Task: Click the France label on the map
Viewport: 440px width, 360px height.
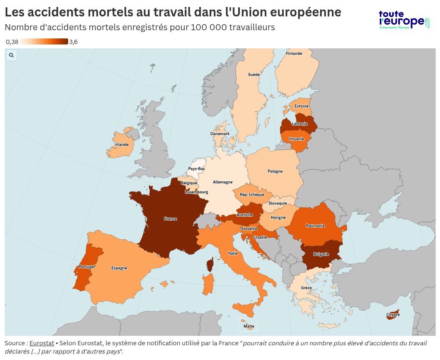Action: pos(170,219)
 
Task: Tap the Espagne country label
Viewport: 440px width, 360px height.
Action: pos(119,268)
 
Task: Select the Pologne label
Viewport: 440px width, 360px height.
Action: pos(275,171)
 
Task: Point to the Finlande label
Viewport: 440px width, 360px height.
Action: pos(294,54)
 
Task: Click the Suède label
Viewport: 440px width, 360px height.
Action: pos(254,75)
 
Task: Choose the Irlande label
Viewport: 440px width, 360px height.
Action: pos(122,145)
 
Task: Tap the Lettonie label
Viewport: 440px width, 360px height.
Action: pos(299,124)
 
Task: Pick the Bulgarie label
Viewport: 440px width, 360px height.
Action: pos(321,254)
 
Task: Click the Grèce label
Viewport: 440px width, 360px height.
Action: pos(306,288)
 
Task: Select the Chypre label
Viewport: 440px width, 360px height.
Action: pos(393,315)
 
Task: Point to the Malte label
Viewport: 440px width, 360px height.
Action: pos(249,326)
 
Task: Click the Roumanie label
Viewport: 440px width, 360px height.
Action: pos(315,226)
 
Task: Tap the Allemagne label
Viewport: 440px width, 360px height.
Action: pos(223,182)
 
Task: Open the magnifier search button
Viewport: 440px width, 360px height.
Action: pos(11,55)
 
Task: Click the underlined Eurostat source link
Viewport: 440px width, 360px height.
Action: pos(42,343)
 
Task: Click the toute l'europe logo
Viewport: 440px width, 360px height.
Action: pos(404,20)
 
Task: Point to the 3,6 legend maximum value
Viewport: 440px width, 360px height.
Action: pos(73,42)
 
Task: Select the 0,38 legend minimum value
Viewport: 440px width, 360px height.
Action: pos(12,42)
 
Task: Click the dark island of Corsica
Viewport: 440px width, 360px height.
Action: pos(210,265)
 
